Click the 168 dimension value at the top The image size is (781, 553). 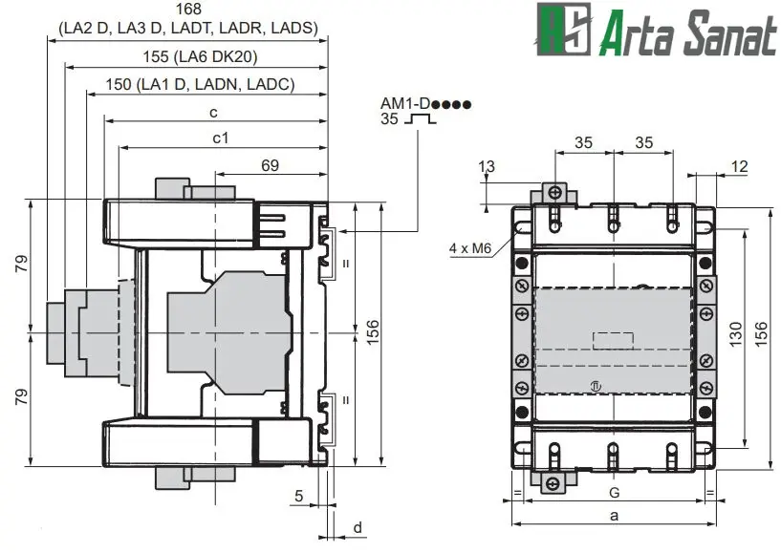(x=187, y=10)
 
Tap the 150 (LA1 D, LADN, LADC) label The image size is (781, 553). (x=200, y=85)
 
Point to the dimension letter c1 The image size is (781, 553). (x=220, y=138)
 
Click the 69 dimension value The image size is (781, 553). (x=270, y=166)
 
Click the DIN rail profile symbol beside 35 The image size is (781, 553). (x=421, y=119)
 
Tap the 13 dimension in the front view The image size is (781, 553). (x=487, y=167)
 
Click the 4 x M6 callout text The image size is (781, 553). (x=469, y=248)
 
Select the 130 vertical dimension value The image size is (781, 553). (x=735, y=331)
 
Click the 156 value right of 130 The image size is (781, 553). (x=761, y=331)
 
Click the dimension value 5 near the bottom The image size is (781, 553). (x=299, y=496)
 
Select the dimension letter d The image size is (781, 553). (x=358, y=527)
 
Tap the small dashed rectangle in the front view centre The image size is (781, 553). (x=613, y=339)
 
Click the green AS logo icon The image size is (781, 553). (x=564, y=29)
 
